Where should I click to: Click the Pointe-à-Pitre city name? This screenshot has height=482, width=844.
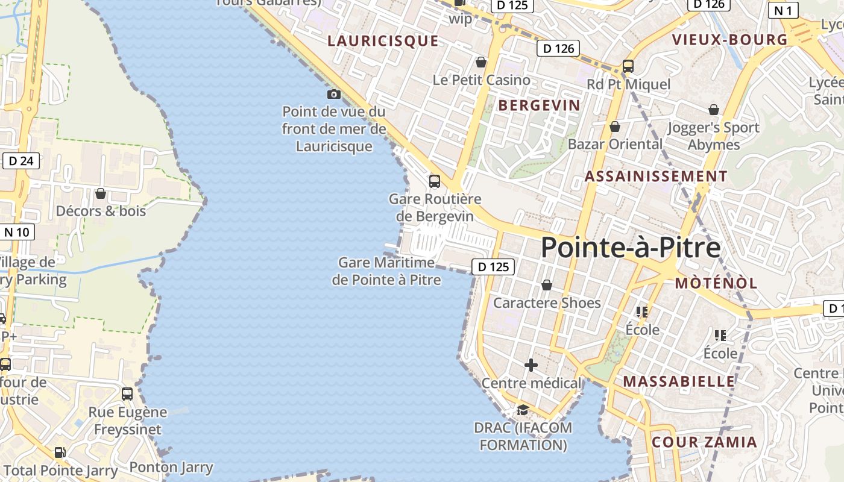pos(630,248)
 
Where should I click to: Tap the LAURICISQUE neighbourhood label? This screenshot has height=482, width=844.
pos(383,41)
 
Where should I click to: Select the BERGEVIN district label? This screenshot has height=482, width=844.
pos(539,105)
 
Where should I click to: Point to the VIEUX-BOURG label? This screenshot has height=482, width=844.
pos(729,40)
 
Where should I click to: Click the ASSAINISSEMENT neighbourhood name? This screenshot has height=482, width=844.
pos(656,177)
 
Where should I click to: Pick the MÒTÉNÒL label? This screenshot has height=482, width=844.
pos(716,283)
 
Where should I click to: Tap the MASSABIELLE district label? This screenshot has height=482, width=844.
pos(679,381)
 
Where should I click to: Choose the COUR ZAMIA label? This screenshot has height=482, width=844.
pos(704,442)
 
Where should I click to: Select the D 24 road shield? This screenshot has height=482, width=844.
pos(21,161)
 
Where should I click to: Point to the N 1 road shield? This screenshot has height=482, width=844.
pos(783,10)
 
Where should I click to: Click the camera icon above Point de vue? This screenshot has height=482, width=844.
pos(333,94)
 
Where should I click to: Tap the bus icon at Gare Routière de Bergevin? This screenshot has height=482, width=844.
pos(434,181)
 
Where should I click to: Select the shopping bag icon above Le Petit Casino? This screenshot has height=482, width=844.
pos(481,62)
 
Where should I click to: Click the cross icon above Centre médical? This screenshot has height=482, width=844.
pos(531,365)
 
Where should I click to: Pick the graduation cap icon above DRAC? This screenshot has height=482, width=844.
pos(523,410)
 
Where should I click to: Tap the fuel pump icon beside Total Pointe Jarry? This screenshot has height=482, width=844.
pos(60,452)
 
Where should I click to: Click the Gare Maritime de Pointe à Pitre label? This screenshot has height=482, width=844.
pos(386,271)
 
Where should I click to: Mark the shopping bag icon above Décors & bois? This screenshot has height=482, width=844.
pos(101,193)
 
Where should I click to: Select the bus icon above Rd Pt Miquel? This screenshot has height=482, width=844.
pos(628,66)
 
